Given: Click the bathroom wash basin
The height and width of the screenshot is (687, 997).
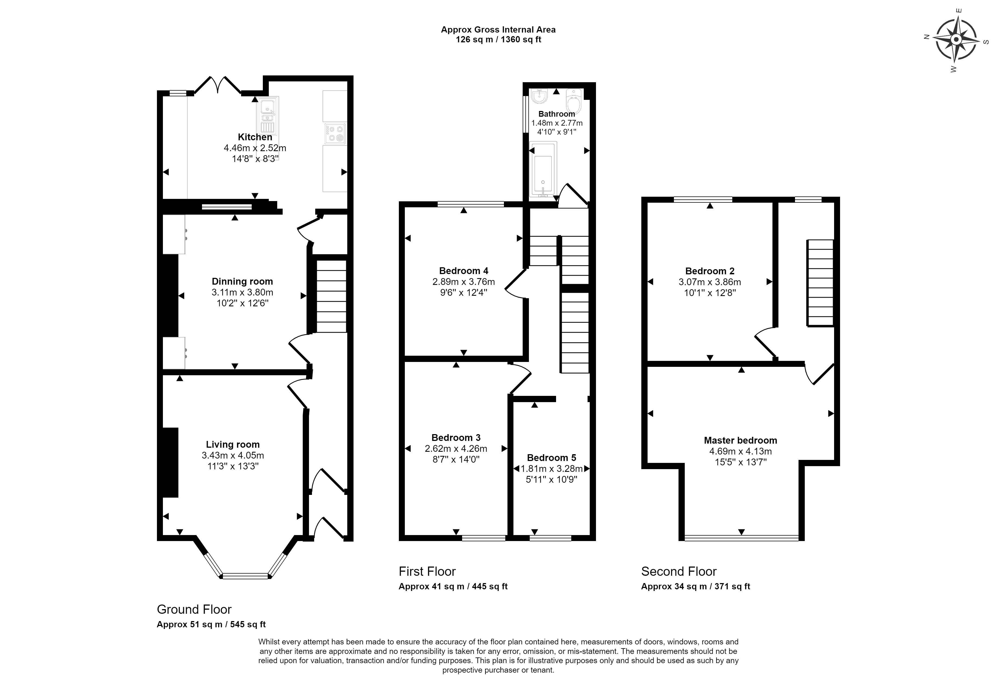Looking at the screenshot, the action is pyautogui.click(x=539, y=96).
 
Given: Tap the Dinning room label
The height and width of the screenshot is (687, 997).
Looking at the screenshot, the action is pyautogui.click(x=242, y=282).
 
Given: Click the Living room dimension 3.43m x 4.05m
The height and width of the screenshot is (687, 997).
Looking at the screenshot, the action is pyautogui.click(x=233, y=455).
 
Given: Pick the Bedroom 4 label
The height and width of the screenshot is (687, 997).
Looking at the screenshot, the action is pyautogui.click(x=464, y=271).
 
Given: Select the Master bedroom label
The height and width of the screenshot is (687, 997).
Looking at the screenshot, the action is pyautogui.click(x=740, y=440).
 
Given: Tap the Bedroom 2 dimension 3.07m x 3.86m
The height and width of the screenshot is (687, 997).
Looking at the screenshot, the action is pyautogui.click(x=710, y=282).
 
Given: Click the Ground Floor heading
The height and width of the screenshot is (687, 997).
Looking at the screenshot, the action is pyautogui.click(x=194, y=609).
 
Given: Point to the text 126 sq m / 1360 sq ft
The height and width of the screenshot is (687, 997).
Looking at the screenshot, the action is pyautogui.click(x=498, y=40).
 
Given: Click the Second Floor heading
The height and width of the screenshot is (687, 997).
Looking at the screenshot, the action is pyautogui.click(x=679, y=571).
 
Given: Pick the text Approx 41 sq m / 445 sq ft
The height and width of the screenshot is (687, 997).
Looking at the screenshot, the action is pyautogui.click(x=453, y=586).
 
